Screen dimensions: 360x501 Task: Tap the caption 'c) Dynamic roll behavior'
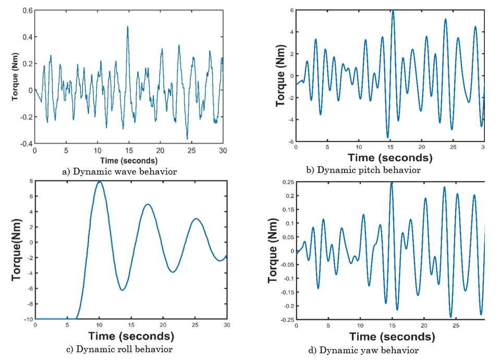tap(119, 349)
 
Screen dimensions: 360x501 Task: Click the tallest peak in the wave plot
tap(127, 26)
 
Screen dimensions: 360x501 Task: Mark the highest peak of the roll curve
tap(99, 181)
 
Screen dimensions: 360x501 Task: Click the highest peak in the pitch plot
tap(393, 11)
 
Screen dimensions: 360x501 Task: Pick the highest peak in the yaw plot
tap(392, 182)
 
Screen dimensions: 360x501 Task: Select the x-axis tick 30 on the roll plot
tap(226, 325)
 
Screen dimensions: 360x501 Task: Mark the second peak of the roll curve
tap(148, 204)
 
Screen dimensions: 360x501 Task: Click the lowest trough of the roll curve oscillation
tap(122, 290)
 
